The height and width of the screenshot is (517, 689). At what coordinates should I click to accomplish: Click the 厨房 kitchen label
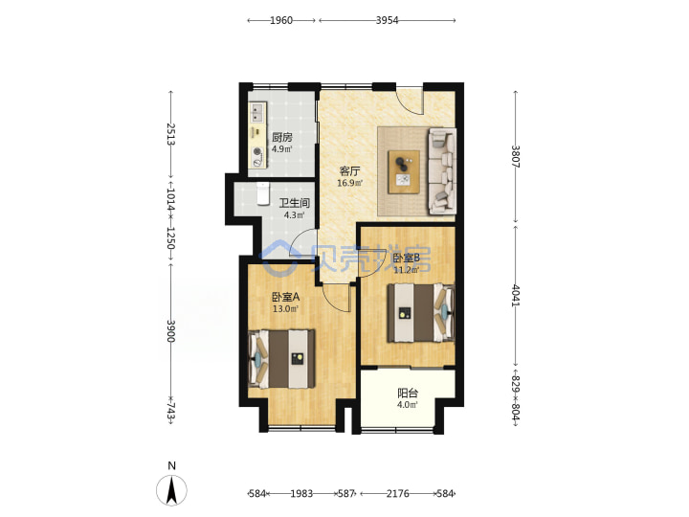pyautogui.click(x=282, y=137)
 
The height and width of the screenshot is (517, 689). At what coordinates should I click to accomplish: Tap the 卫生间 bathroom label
pyautogui.click(x=295, y=203)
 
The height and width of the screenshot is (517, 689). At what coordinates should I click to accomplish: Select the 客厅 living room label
pyautogui.click(x=350, y=171)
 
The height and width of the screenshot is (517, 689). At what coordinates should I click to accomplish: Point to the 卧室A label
pyautogui.click(x=285, y=297)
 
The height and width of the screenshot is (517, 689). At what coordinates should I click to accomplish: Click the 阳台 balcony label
pyautogui.click(x=408, y=393)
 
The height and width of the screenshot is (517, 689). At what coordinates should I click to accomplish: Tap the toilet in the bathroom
pyautogui.click(x=263, y=193)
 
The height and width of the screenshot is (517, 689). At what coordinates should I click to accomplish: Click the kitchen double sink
pyautogui.click(x=257, y=112)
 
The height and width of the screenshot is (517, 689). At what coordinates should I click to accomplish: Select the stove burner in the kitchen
pyautogui.click(x=258, y=152)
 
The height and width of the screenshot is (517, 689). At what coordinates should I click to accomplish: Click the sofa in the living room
pyautogui.click(x=442, y=170)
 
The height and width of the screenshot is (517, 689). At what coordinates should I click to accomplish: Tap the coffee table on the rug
pyautogui.click(x=404, y=171)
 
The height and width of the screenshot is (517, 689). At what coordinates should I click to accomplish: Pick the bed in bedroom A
pyautogui.click(x=281, y=359)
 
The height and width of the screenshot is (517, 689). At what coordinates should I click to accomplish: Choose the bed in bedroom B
pyautogui.click(x=420, y=312)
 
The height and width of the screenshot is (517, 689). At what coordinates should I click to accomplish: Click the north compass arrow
pyautogui.click(x=172, y=490)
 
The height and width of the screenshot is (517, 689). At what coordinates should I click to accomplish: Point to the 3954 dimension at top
pyautogui.click(x=388, y=20)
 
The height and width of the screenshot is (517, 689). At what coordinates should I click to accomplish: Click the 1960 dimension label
pyautogui.click(x=281, y=20)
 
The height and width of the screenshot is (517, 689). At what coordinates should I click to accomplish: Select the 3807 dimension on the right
pyautogui.click(x=516, y=156)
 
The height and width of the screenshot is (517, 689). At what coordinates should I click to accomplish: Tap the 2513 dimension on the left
pyautogui.click(x=171, y=134)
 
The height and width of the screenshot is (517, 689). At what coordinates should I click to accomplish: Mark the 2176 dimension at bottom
pyautogui.click(x=398, y=494)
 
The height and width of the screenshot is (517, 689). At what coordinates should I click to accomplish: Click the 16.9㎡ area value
pyautogui.click(x=350, y=183)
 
